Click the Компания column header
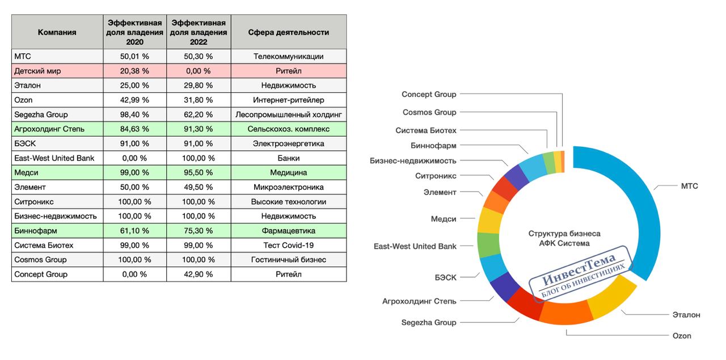pyautogui.click(x=57, y=32)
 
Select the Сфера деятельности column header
pyautogui.click(x=288, y=32)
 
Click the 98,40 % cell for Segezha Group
pyautogui.click(x=134, y=115)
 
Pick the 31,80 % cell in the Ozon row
pyautogui.click(x=198, y=100)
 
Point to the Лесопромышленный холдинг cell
pyautogui.click(x=288, y=115)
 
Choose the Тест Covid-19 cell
pyautogui.click(x=288, y=245)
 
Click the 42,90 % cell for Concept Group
pyautogui.click(x=198, y=274)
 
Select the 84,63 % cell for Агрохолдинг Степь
pyautogui.click(x=134, y=129)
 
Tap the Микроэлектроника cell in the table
pyautogui.click(x=288, y=187)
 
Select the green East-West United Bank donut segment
pyautogui.click(x=487, y=245)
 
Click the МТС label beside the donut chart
pyautogui.click(x=689, y=186)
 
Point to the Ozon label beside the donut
pyautogui.click(x=682, y=336)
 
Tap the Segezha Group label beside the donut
pyautogui.click(x=429, y=323)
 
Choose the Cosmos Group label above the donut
pyautogui.click(x=429, y=112)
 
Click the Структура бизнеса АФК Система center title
pyautogui.click(x=564, y=238)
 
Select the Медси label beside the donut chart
pyautogui.click(x=444, y=219)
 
